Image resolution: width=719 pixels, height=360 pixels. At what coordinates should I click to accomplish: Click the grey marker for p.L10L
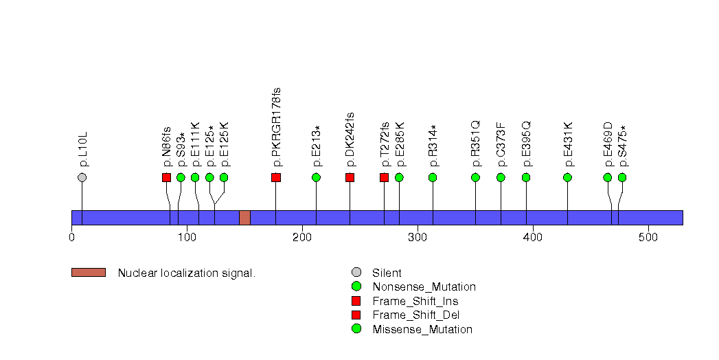82,177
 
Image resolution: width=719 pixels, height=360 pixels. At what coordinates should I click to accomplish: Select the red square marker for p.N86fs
166,177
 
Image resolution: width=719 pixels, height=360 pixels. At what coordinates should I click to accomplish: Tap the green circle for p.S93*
181,177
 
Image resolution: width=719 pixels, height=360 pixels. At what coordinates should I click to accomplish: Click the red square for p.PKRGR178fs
276,177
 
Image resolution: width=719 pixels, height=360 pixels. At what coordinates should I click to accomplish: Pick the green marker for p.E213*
316,177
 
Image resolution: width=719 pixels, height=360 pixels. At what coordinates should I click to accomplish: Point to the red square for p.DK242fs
350,177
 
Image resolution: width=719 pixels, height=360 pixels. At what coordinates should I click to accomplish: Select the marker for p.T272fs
384,177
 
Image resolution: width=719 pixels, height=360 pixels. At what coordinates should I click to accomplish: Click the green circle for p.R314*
433,177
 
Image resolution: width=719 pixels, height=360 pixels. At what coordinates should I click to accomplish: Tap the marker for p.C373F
501,177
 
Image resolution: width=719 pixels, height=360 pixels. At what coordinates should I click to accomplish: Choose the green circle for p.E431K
567,177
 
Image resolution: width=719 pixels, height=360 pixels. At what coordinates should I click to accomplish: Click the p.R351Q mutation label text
475,144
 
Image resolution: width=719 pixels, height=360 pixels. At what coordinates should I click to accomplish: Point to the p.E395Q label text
526,144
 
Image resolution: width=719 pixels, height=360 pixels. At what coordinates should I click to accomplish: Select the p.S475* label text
622,146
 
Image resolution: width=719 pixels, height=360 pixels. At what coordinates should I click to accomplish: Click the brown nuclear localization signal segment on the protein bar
244,217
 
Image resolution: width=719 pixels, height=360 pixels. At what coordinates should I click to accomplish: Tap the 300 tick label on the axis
418,238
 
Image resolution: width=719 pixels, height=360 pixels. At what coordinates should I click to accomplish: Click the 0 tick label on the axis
71,238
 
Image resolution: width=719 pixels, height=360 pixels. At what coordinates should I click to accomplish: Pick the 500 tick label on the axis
648,238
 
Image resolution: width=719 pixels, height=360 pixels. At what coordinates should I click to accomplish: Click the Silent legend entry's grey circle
356,273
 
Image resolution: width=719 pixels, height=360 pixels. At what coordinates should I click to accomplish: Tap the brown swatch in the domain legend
88,273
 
